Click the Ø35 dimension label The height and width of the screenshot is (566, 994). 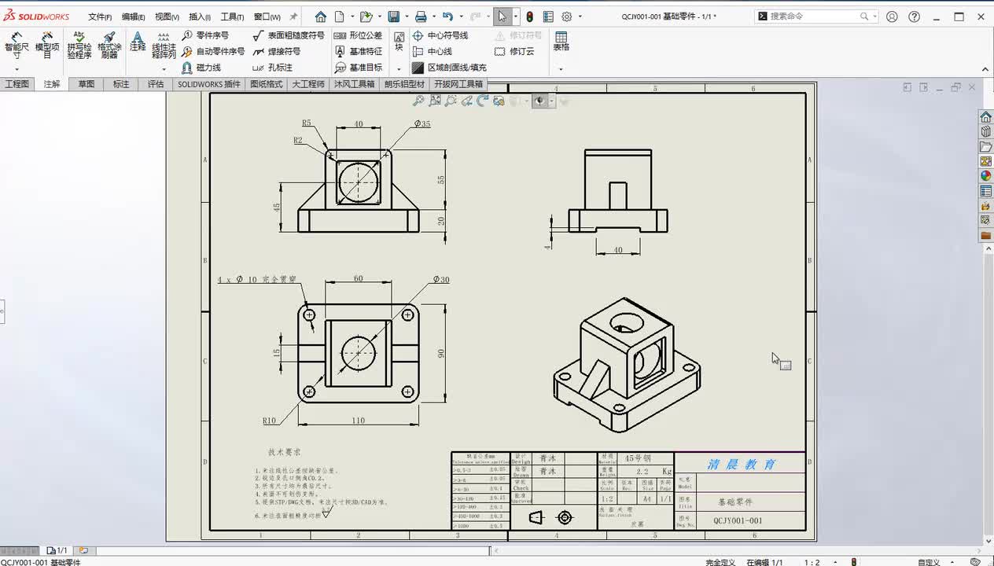click(x=422, y=124)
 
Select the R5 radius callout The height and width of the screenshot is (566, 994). click(x=307, y=123)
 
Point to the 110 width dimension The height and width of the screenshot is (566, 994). click(x=358, y=421)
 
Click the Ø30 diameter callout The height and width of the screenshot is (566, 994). click(x=441, y=280)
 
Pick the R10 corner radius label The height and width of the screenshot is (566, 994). click(x=270, y=421)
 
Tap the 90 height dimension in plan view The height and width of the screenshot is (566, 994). click(x=441, y=354)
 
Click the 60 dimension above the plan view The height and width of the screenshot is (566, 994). click(x=358, y=279)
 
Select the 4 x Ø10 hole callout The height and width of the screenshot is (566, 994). click(x=257, y=280)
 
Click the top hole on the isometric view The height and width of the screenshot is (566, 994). click(x=626, y=322)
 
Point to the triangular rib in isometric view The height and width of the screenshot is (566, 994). click(x=595, y=378)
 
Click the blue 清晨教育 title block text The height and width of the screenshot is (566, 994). click(x=741, y=464)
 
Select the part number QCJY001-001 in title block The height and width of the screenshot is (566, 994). click(x=738, y=520)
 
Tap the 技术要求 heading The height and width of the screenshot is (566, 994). click(x=284, y=452)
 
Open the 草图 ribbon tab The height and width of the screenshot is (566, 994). click(x=86, y=84)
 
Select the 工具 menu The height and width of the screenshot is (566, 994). click(x=231, y=17)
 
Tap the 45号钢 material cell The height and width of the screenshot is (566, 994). click(x=638, y=458)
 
